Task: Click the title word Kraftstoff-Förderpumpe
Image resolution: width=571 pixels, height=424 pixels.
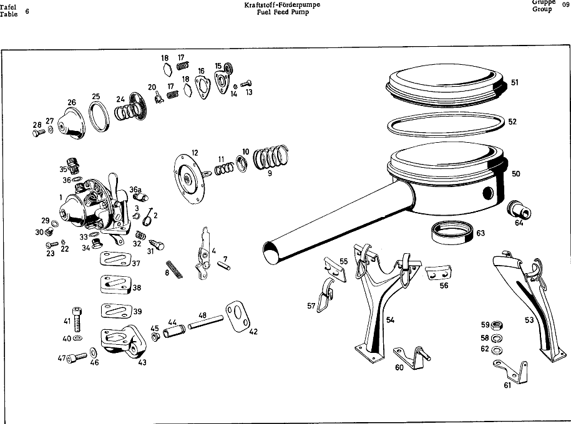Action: [x=282, y=5]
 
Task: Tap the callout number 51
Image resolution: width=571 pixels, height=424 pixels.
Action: [x=515, y=82]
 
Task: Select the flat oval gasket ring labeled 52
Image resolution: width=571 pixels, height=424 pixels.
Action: [x=446, y=125]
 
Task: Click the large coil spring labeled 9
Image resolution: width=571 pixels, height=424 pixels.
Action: [x=271, y=157]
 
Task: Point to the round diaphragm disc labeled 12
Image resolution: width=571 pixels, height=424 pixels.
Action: [x=189, y=176]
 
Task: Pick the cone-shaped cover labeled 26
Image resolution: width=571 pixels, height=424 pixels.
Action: [x=71, y=123]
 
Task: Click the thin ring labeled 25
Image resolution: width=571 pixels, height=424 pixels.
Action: [x=99, y=116]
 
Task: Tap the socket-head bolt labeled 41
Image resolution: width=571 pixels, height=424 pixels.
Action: [x=77, y=319]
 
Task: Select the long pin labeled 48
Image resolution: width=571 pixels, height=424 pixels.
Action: [x=205, y=322]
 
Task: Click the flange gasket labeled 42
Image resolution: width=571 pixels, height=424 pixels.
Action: [x=238, y=316]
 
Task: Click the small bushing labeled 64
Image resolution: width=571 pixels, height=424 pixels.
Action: [x=519, y=210]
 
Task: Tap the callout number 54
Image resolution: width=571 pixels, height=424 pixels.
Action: [x=391, y=320]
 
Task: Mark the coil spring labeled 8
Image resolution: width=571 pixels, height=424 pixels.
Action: [x=174, y=269]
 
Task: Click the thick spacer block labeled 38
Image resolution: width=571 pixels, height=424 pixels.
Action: [x=115, y=284]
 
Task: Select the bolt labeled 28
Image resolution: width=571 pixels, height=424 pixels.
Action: [x=39, y=133]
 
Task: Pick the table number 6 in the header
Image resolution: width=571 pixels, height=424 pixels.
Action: [x=27, y=11]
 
